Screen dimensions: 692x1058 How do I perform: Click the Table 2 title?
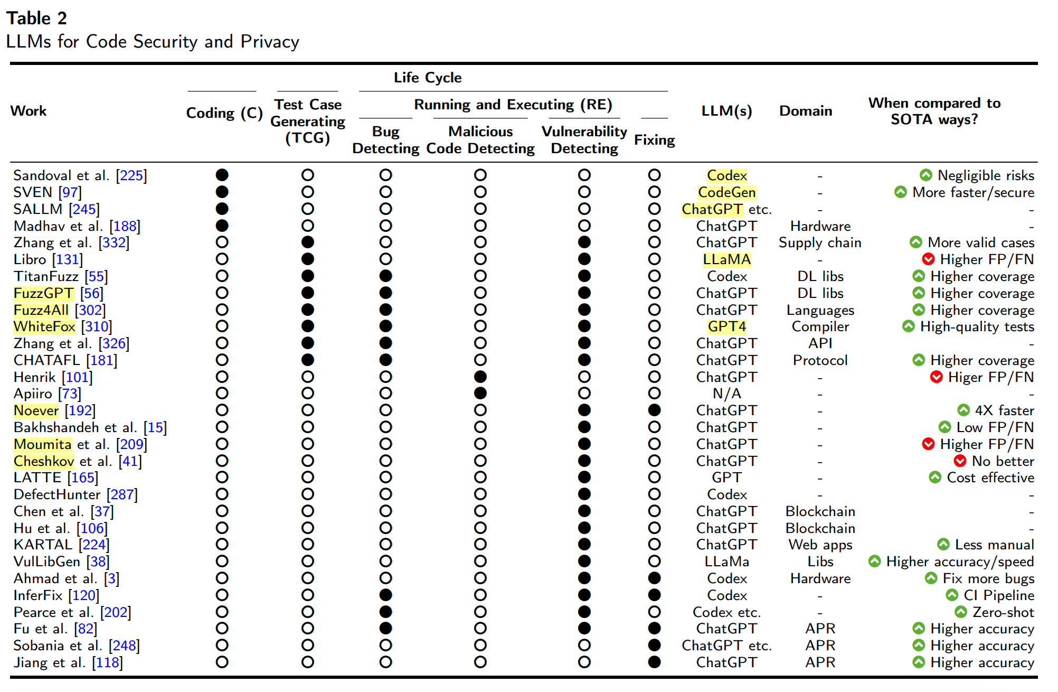click(x=36, y=18)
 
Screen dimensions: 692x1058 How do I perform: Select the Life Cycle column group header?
click(x=427, y=78)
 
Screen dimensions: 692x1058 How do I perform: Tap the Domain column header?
click(x=805, y=111)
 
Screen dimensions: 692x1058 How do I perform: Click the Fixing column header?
click(x=654, y=140)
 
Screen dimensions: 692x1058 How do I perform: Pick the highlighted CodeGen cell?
click(x=726, y=192)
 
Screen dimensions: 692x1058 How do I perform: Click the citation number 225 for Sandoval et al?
click(x=131, y=175)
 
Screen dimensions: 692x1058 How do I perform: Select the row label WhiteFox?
click(x=44, y=326)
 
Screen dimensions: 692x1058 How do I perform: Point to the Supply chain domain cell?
click(x=819, y=242)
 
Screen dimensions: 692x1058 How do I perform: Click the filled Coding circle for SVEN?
click(x=222, y=192)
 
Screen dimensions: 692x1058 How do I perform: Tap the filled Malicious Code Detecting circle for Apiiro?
click(x=480, y=393)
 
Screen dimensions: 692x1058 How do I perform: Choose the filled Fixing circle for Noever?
click(x=654, y=410)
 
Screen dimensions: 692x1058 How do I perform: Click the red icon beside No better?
click(x=960, y=461)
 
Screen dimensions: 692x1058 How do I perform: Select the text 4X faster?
click(x=1004, y=410)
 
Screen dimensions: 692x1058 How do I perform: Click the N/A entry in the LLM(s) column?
click(x=726, y=394)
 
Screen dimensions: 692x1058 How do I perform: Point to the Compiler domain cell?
click(x=820, y=326)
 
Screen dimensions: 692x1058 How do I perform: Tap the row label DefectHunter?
click(x=57, y=494)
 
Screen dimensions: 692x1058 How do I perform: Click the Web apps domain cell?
click(x=820, y=545)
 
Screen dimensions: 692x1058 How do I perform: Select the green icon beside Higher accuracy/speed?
click(x=874, y=561)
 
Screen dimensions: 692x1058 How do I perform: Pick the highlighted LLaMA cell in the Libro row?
click(x=726, y=259)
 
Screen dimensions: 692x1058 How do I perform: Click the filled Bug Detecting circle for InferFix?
click(x=385, y=595)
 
